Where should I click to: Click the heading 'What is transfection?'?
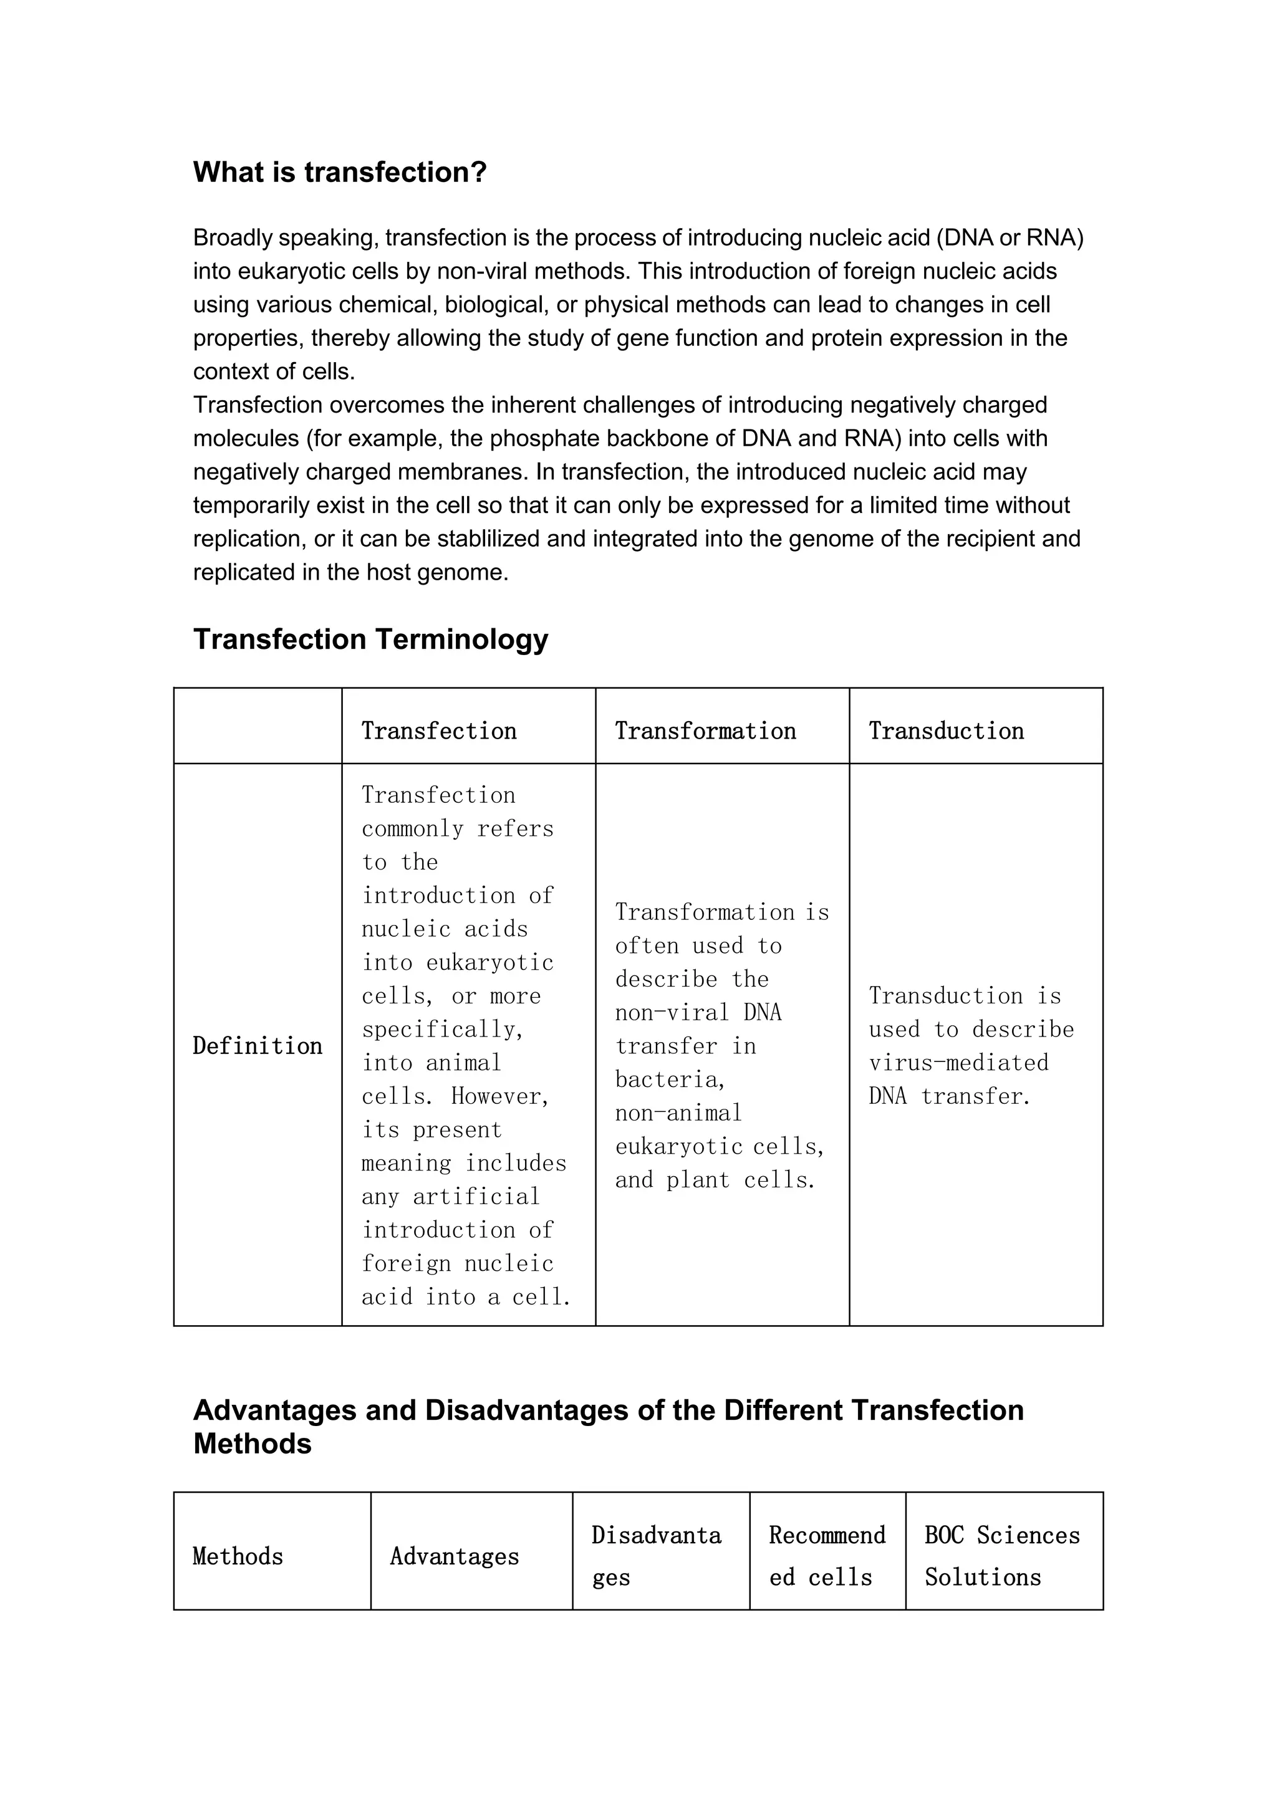point(340,172)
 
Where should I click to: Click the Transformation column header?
point(705,730)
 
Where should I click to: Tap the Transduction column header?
point(946,730)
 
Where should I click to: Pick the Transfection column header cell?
point(439,730)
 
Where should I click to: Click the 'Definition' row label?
point(257,1046)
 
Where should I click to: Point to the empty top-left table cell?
point(257,725)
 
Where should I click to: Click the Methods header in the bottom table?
point(238,1556)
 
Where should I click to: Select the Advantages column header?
point(455,1556)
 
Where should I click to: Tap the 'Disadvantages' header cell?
point(657,1555)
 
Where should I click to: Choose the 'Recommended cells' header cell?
point(827,1555)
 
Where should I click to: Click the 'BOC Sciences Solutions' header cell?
point(1003,1555)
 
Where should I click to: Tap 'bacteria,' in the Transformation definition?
point(670,1080)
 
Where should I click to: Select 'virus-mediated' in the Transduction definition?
point(958,1063)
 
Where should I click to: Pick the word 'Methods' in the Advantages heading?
point(253,1444)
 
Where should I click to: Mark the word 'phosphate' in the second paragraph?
point(538,439)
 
